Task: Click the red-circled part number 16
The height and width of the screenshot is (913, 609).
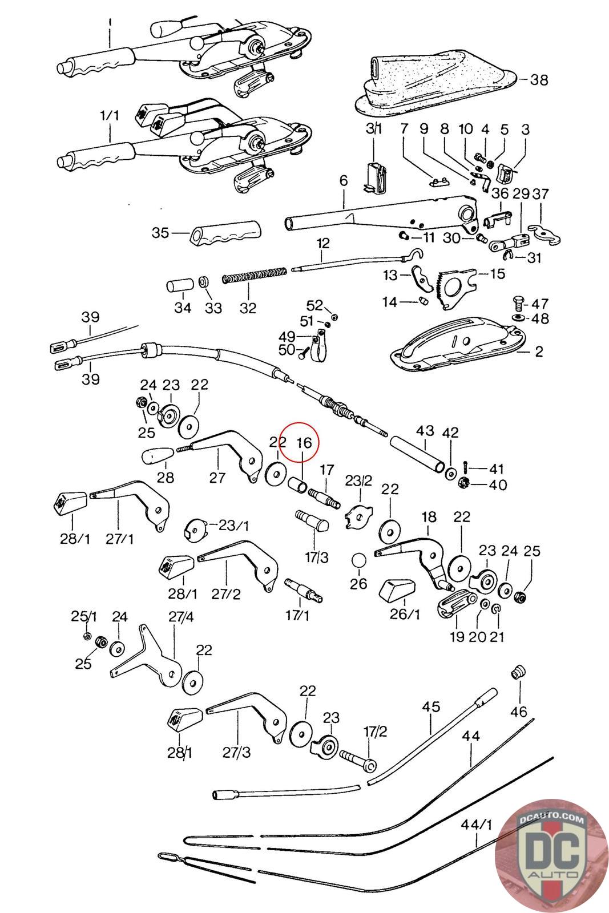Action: (x=304, y=443)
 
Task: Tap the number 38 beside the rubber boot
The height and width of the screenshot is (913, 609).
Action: (x=538, y=80)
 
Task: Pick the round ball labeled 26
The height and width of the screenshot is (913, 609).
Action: (x=359, y=560)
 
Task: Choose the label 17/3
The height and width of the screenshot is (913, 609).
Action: (x=316, y=557)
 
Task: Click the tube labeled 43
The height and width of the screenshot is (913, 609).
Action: (x=417, y=448)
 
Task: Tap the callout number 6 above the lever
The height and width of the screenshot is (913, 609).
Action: (x=343, y=181)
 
